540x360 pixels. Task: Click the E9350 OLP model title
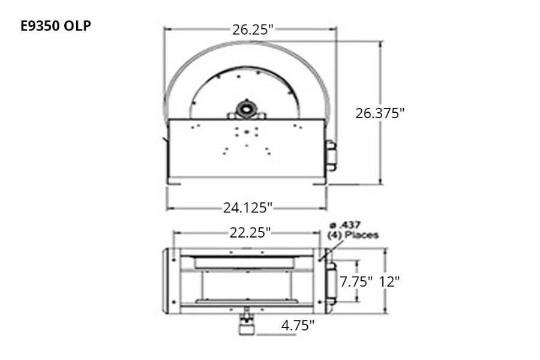click(56, 26)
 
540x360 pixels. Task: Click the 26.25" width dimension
click(253, 29)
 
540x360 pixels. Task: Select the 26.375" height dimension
click(380, 113)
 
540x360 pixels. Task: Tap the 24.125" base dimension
click(248, 208)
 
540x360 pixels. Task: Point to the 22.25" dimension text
click(250, 233)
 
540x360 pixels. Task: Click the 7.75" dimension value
click(356, 282)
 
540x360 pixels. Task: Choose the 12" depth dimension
click(389, 282)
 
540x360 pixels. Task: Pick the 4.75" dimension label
click(298, 325)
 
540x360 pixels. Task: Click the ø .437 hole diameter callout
click(345, 226)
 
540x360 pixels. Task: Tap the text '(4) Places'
click(353, 235)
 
